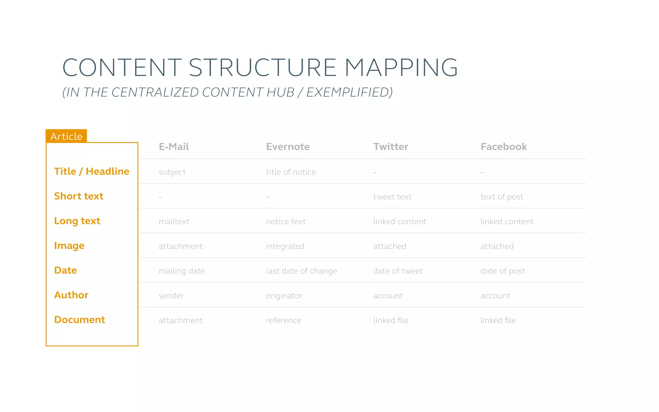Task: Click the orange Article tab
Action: coord(66,136)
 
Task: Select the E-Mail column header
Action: coord(174,147)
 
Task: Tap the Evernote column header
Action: coord(288,147)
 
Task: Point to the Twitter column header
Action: coord(391,147)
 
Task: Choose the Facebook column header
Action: coord(504,147)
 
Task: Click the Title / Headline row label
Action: coord(92,171)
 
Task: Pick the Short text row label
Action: coord(79,196)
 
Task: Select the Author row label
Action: coord(71,295)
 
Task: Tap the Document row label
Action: coord(79,320)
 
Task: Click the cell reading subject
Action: coord(172,172)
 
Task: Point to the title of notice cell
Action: coord(291,172)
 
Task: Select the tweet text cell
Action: coord(392,197)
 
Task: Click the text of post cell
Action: coord(502,197)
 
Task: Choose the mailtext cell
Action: coord(174,221)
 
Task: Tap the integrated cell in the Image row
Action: coord(285,246)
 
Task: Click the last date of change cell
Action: coord(302,271)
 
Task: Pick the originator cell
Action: coord(284,296)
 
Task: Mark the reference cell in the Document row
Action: coord(283,320)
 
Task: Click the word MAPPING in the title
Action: coord(401,68)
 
